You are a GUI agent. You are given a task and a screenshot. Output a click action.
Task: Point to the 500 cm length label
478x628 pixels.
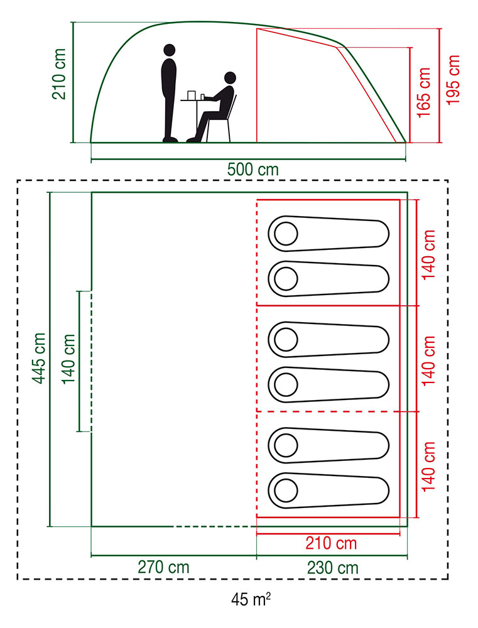pos(253,170)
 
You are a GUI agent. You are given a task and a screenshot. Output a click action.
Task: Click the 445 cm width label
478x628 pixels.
pos(39,359)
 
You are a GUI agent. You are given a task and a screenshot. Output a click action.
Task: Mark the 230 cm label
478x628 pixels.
pos(333,567)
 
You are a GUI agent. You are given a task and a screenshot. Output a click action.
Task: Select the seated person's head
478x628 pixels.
pos(229,78)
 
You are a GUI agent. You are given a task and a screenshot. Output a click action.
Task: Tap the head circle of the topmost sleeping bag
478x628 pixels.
pos(286,234)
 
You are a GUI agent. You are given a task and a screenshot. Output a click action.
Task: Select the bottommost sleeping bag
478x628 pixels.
pos(329,487)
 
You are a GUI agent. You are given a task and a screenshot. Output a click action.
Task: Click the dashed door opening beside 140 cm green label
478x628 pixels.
pos(92,361)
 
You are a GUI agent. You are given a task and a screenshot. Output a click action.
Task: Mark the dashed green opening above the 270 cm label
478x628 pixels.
pos(214,526)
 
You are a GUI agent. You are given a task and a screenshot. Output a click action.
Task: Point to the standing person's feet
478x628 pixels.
pos(170,139)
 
